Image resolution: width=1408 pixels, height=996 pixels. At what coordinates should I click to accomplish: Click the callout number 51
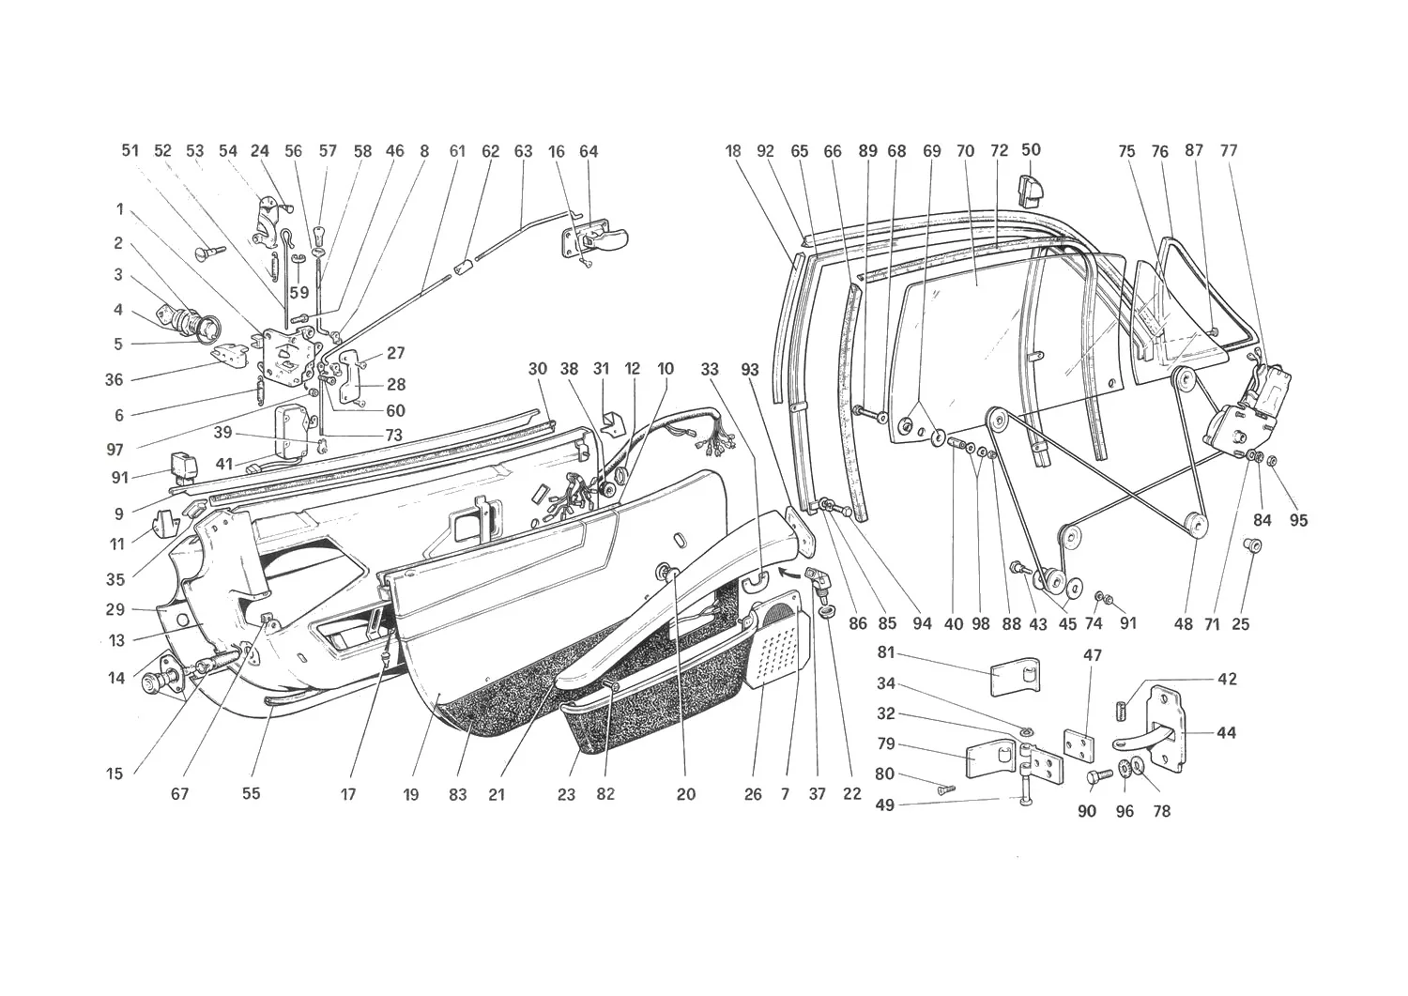coord(130,150)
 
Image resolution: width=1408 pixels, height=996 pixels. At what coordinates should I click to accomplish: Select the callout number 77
coord(1228,150)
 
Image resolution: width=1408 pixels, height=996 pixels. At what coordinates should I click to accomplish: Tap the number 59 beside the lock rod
coord(299,292)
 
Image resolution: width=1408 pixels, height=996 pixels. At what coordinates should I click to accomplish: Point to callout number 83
coord(458,795)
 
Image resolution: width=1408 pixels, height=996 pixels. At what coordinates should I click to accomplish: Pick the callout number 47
coord(1093,655)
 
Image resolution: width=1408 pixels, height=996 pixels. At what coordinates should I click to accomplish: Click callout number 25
coord(1241,623)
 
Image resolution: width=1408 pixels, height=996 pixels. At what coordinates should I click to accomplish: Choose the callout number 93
coord(750,370)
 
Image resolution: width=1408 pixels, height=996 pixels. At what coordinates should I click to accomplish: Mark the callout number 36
coord(114,380)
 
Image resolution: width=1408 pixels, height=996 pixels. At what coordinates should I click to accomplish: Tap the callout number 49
coord(885,804)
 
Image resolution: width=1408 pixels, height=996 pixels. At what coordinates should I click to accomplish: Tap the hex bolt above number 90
coord(1099,777)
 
